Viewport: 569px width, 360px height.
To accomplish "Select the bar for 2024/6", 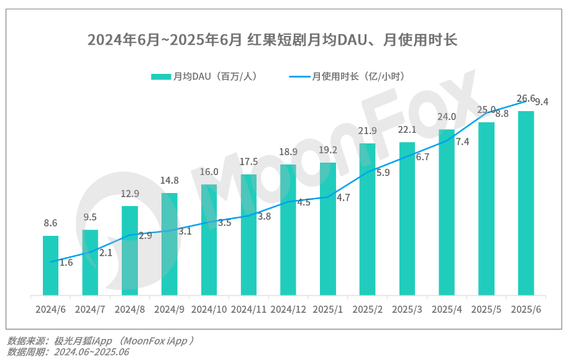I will click(50, 266).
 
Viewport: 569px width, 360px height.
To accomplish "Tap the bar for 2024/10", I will click(209, 240).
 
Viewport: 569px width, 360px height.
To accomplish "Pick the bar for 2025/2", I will click(367, 219).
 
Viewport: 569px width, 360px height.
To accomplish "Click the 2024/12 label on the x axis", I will click(288, 309).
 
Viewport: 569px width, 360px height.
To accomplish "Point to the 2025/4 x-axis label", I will click(447, 309).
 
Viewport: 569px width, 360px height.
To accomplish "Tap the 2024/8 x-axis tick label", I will click(130, 309).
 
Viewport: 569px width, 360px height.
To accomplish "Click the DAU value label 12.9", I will click(130, 194).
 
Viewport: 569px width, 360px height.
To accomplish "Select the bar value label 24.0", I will click(447, 117).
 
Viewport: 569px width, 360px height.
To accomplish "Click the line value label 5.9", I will click(383, 173).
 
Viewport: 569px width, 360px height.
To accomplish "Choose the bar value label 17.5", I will click(249, 161).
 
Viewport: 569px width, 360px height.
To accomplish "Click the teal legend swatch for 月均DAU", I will click(161, 76).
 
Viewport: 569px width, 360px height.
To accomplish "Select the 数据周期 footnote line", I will click(68, 352).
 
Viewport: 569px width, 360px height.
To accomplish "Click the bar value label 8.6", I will click(50, 223).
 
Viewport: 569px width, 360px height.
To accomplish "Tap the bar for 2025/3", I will click(407, 218).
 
